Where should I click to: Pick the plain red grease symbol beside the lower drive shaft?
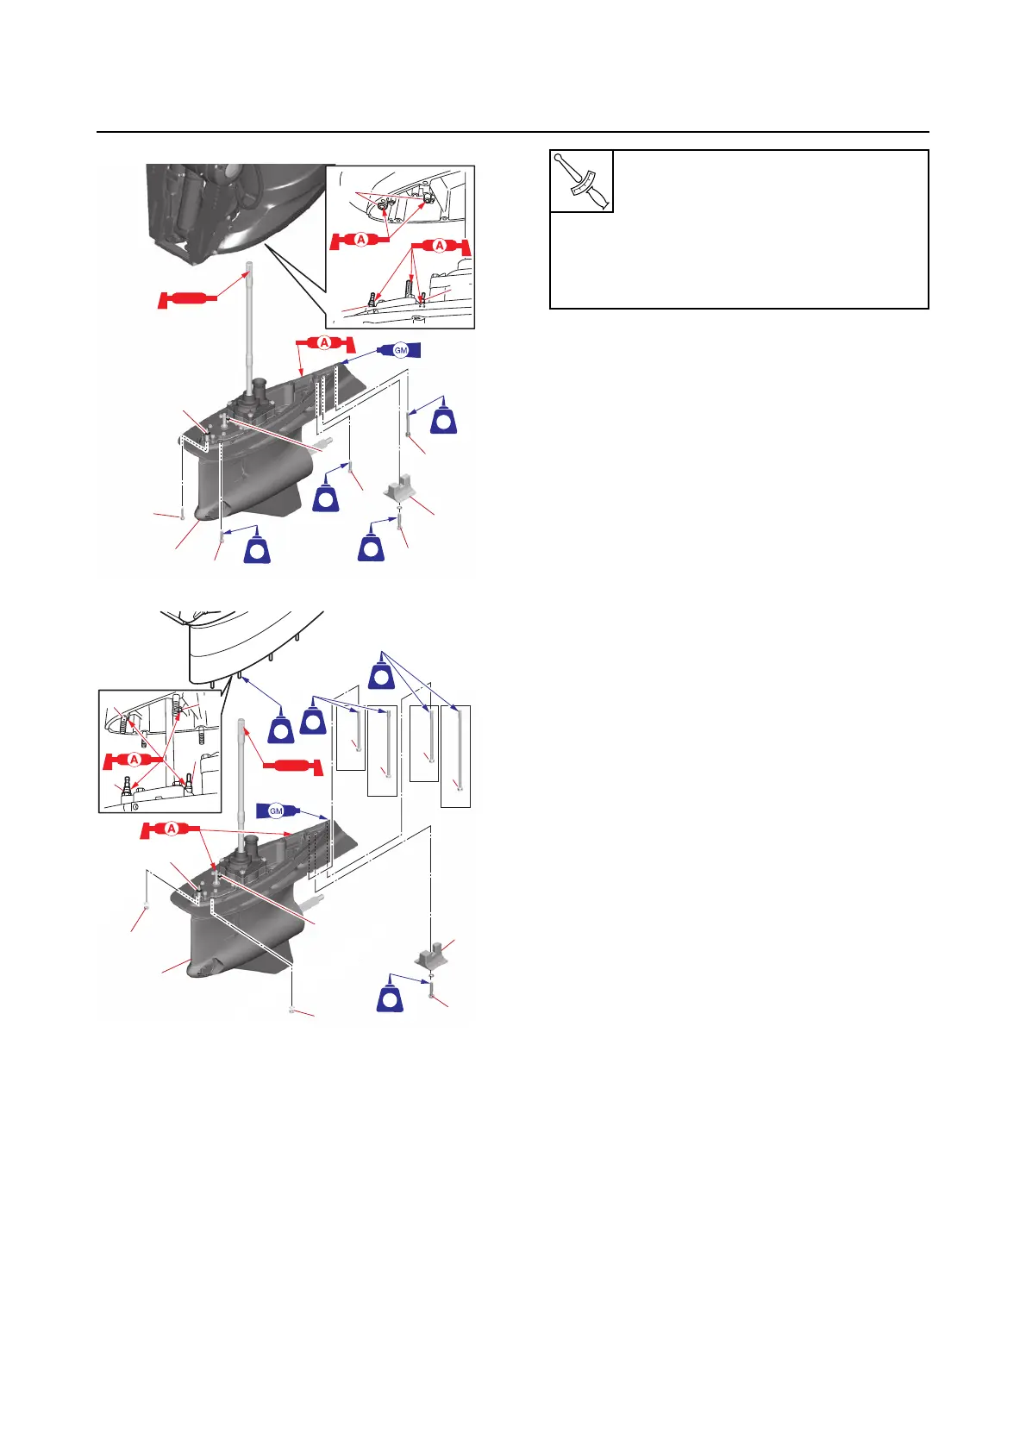(x=291, y=766)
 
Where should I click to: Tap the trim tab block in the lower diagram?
(x=431, y=955)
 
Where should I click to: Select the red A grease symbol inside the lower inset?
(x=134, y=760)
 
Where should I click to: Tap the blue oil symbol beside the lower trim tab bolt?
(x=391, y=998)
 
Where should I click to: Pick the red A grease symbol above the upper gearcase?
(x=324, y=343)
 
